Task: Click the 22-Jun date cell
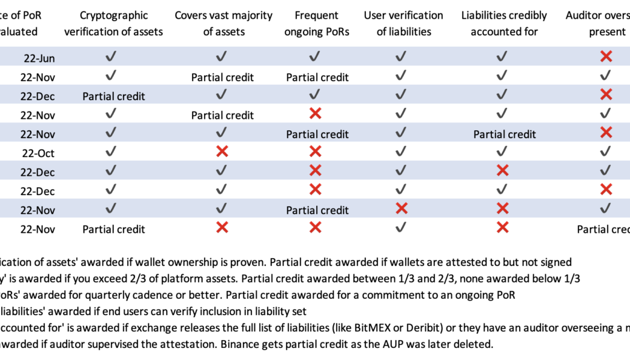(x=40, y=58)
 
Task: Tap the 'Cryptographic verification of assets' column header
(x=113, y=23)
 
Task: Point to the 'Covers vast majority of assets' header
(x=223, y=23)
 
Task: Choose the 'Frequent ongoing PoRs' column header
(x=317, y=23)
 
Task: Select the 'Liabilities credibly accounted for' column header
(x=504, y=23)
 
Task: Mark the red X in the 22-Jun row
(x=606, y=57)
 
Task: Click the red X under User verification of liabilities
(x=401, y=208)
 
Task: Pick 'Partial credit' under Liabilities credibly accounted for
(x=505, y=134)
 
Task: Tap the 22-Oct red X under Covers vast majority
(x=222, y=152)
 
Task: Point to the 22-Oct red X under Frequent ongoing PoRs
(x=315, y=152)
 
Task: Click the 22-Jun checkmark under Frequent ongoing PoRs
(x=315, y=57)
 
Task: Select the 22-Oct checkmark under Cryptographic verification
(x=111, y=152)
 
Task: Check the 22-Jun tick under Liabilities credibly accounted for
(x=503, y=57)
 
